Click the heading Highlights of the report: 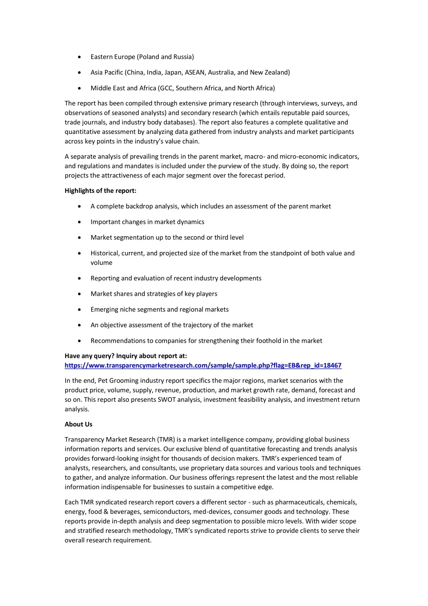click(100, 191)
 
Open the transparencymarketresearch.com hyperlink click(203, 366)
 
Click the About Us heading click(79, 424)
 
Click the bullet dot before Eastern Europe click(79, 57)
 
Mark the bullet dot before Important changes click(79, 222)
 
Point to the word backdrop click(127, 206)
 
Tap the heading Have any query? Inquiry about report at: click(126, 356)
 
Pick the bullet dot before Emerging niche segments click(79, 310)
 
